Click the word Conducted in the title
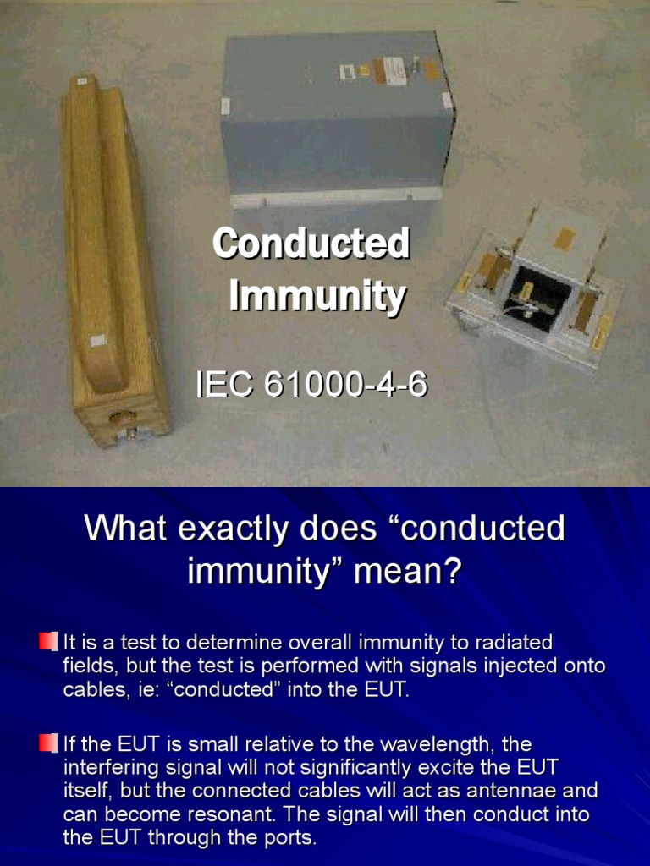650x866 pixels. (311, 244)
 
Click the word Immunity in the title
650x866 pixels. (317, 297)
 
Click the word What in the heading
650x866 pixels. (124, 529)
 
